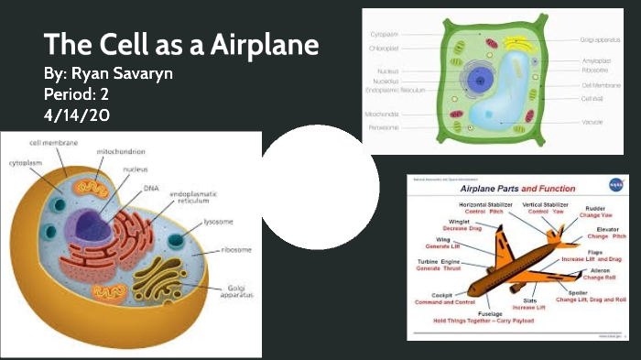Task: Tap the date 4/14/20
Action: click(x=77, y=115)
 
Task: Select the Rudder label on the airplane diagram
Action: click(x=595, y=208)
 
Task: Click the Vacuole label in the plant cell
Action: click(x=592, y=122)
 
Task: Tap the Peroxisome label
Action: click(x=383, y=127)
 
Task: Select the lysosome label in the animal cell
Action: click(x=218, y=221)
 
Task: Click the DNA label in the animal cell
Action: click(x=150, y=188)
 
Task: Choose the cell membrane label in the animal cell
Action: click(x=52, y=143)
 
